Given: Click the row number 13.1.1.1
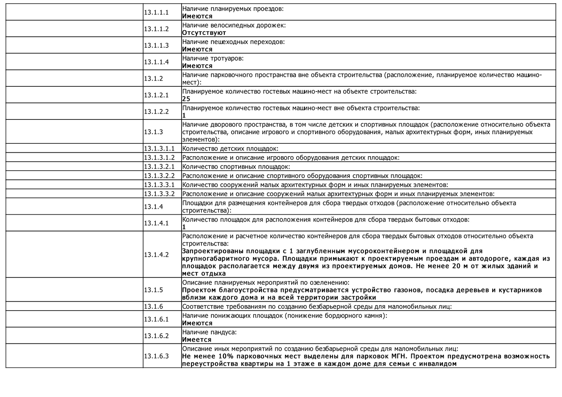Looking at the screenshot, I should coord(156,12).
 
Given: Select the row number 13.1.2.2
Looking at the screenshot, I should coord(156,112).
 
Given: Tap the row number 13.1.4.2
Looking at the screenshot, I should coord(156,255).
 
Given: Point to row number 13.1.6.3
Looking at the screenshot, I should coord(156,356).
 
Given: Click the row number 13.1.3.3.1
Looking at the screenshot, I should coord(159,185).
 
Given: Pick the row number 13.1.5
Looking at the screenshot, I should coord(153,290).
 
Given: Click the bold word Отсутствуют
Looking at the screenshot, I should coord(204,33).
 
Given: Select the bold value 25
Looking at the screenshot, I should coord(186,99).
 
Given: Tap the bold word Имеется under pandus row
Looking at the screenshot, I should coord(197,340).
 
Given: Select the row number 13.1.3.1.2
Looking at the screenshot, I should coord(159,158).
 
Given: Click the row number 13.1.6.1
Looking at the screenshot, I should coord(156,319).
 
